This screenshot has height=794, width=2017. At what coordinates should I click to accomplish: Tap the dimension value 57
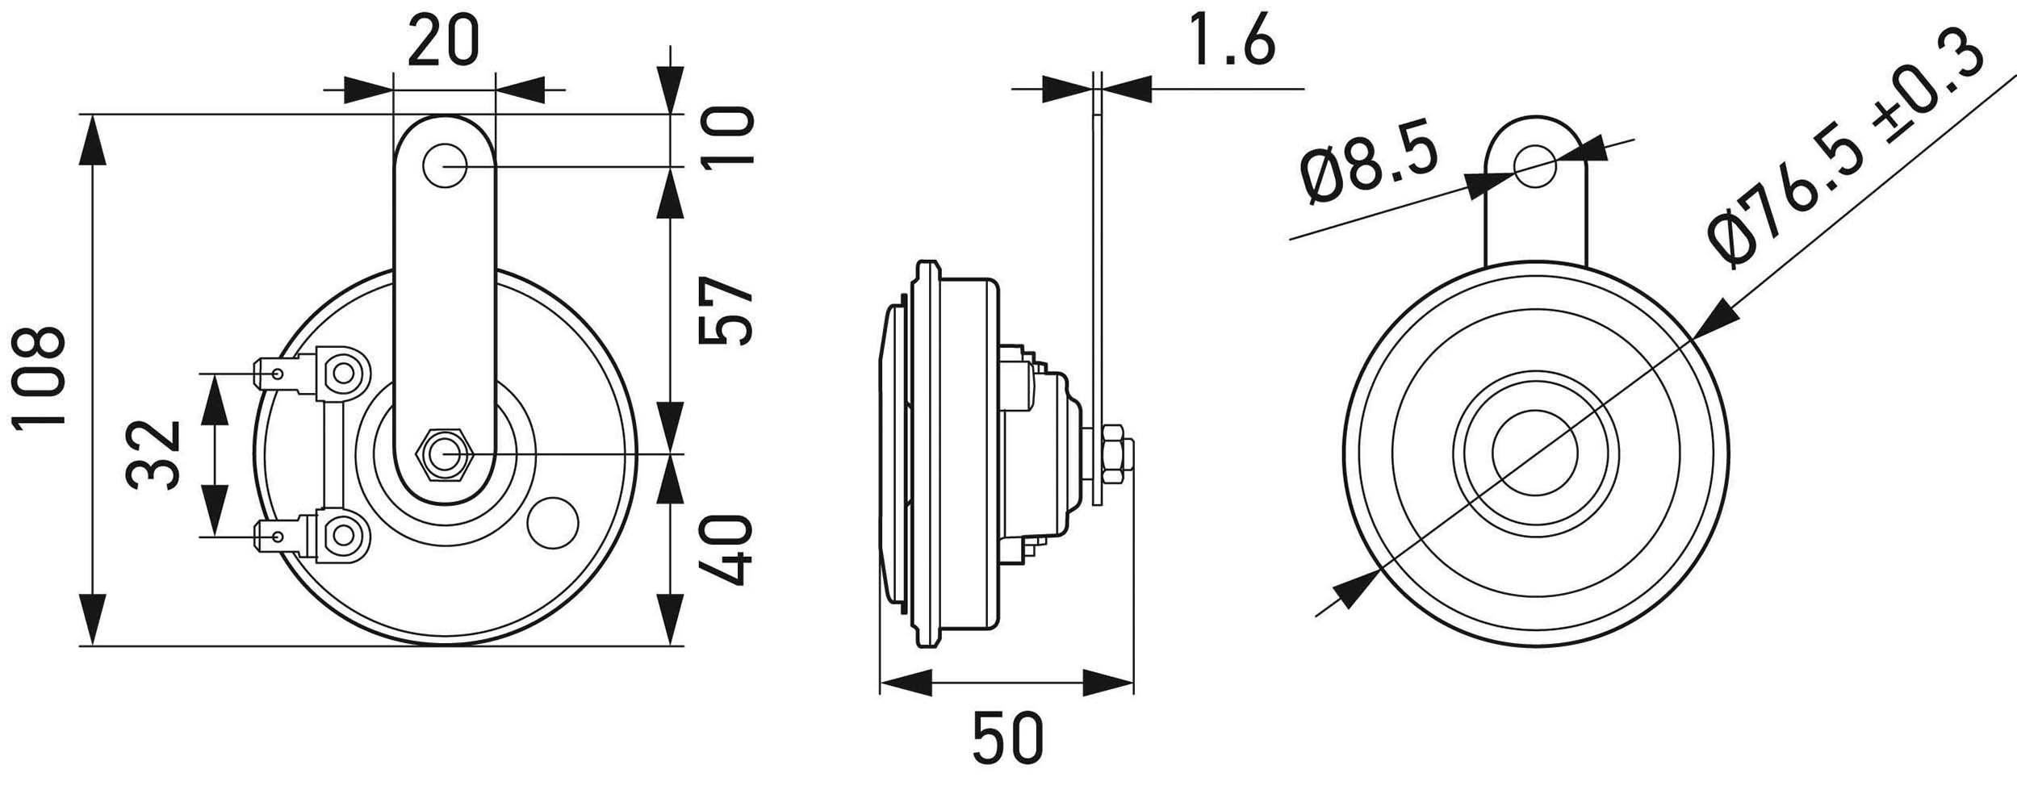pyautogui.click(x=725, y=311)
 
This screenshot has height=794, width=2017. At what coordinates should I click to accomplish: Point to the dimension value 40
pyautogui.click(x=725, y=551)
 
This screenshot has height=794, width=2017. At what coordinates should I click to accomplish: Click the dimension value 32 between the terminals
pyautogui.click(x=153, y=453)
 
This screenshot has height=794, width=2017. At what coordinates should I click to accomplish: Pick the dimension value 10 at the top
pyautogui.click(x=726, y=137)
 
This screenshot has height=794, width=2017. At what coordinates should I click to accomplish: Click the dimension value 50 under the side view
pyautogui.click(x=1007, y=738)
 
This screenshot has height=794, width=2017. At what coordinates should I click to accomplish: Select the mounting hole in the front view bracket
pyautogui.click(x=445, y=166)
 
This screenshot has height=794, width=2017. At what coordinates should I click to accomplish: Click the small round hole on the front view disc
pyautogui.click(x=552, y=523)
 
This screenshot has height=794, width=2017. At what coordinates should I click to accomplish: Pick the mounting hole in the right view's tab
pyautogui.click(x=1534, y=166)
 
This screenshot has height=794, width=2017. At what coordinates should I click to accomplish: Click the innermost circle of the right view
pyautogui.click(x=1534, y=453)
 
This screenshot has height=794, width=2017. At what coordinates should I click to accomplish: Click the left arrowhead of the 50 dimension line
pyautogui.click(x=904, y=682)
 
